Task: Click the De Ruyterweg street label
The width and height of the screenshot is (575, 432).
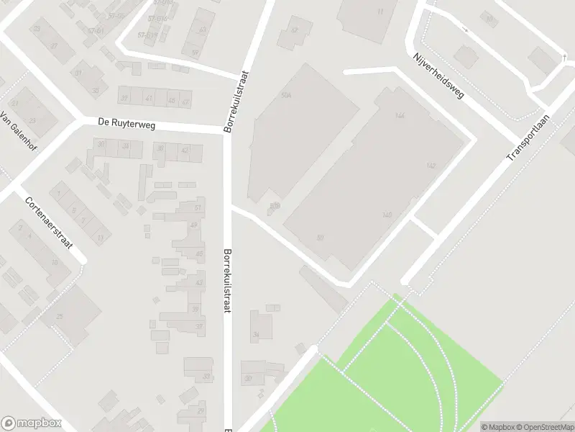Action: point(126,125)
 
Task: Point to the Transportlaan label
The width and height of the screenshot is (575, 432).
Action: point(528,138)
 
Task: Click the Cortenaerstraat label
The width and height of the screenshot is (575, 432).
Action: point(48,223)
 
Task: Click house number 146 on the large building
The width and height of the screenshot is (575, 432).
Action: point(400,115)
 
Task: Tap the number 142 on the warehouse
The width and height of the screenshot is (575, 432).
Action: point(431,166)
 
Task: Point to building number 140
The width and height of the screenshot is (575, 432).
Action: point(387,215)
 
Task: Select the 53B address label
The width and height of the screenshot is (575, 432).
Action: point(274,205)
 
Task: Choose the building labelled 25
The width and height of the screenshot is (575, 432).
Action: point(60,317)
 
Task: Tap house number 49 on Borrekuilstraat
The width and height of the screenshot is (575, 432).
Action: point(194,225)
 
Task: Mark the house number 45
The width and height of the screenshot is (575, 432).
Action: point(200,253)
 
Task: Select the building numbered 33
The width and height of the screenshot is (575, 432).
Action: point(206,376)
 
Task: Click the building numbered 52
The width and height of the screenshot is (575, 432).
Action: point(293,30)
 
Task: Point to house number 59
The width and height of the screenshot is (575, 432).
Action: point(195,52)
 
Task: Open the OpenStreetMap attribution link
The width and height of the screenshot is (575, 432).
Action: point(543,427)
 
